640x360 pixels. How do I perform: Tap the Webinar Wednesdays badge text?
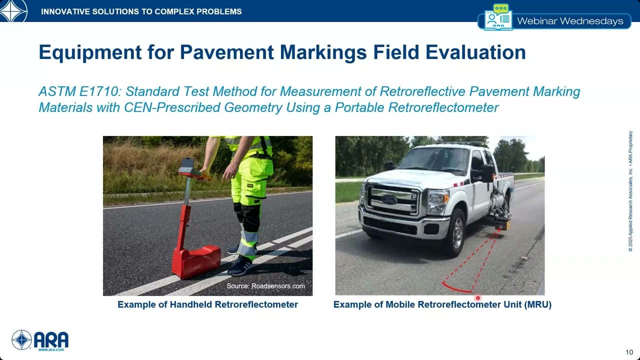[570, 21]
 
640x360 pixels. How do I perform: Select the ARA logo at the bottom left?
[40, 340]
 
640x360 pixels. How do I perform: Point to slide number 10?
[629, 351]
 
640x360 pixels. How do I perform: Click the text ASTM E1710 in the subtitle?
[79, 92]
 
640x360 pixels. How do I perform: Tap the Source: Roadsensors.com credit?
[265, 286]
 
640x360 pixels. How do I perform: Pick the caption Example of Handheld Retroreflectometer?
[207, 304]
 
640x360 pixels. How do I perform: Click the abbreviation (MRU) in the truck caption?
[538, 304]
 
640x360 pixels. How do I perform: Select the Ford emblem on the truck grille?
[389, 200]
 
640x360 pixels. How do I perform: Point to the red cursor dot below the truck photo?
[477, 298]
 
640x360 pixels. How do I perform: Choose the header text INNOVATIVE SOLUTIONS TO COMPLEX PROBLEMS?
[141, 11]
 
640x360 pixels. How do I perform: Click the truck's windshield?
[437, 159]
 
